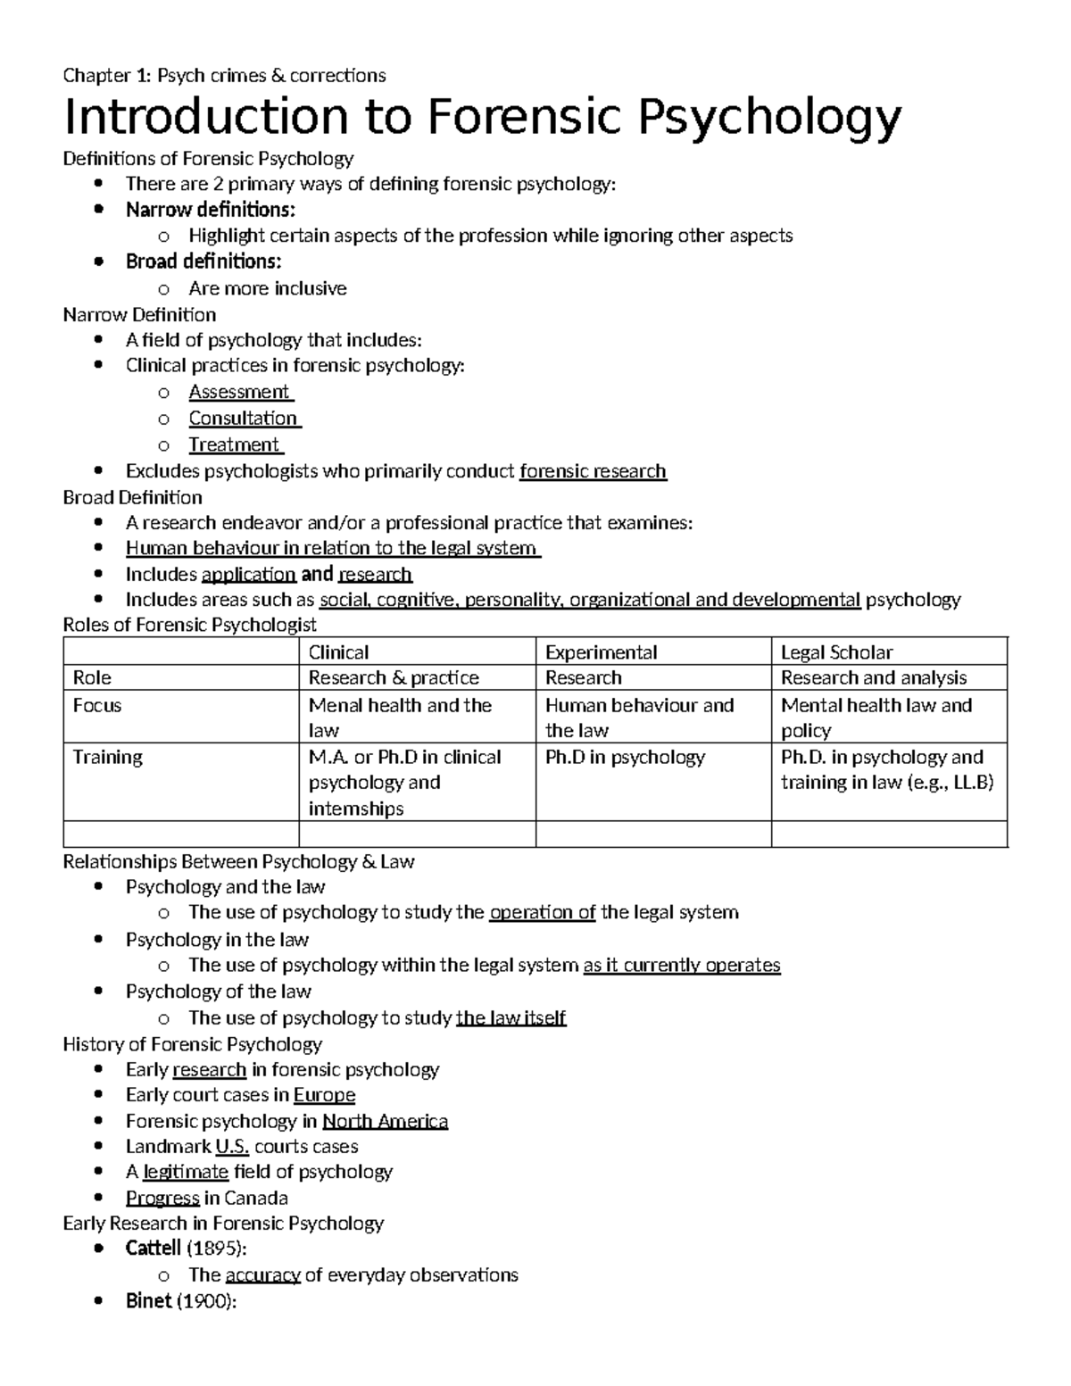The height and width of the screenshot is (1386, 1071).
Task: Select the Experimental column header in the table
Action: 601,652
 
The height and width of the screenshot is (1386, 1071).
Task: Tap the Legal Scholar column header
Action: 836,652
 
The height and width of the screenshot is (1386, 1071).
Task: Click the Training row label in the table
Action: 107,757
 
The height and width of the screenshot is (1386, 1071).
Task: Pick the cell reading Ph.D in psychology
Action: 625,757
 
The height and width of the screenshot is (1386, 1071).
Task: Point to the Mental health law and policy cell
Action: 876,718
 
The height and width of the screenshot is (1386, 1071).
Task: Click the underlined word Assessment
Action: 239,392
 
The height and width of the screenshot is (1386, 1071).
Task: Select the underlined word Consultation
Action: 243,418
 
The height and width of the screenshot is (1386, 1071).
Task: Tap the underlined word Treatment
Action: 235,444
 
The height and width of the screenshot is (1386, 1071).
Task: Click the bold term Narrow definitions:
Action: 210,210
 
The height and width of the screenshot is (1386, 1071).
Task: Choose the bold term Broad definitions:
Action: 203,261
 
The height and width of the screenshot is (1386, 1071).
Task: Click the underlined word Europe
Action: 324,1095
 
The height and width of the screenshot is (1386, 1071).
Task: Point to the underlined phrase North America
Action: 385,1121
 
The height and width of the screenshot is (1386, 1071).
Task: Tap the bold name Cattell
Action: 153,1249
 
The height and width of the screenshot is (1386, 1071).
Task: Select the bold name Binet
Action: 148,1300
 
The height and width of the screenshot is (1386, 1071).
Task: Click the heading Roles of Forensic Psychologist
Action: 189,625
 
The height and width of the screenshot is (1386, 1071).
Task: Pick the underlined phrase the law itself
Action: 511,1017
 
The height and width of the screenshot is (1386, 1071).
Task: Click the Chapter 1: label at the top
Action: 107,75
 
